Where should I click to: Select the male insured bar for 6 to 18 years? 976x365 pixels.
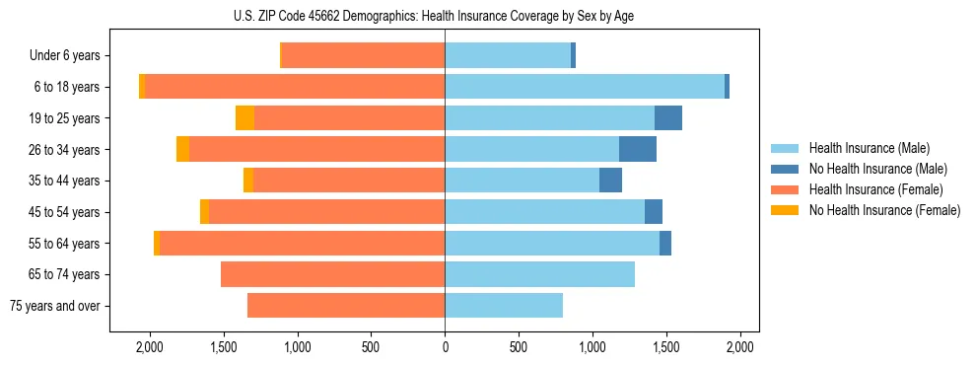pos(585,87)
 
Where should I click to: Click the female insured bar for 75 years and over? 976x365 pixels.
pos(346,306)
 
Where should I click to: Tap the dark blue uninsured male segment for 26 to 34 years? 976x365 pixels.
pos(638,149)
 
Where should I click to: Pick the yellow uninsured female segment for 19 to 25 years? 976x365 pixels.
pos(244,118)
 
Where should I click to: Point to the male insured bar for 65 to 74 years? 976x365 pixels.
pos(539,274)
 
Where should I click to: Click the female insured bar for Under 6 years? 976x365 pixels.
pos(364,55)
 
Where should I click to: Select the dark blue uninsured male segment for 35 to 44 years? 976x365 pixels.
pos(610,181)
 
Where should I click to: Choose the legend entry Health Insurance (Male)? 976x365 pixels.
pos(869,148)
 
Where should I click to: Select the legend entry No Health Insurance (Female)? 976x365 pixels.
pos(884,210)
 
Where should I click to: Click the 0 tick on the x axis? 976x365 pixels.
pos(445,347)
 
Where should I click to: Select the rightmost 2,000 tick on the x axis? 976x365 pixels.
pos(740,347)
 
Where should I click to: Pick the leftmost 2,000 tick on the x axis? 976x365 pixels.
pos(150,347)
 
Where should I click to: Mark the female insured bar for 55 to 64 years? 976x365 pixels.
pos(302,243)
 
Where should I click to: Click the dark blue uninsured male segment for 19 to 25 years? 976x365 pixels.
pos(668,118)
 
